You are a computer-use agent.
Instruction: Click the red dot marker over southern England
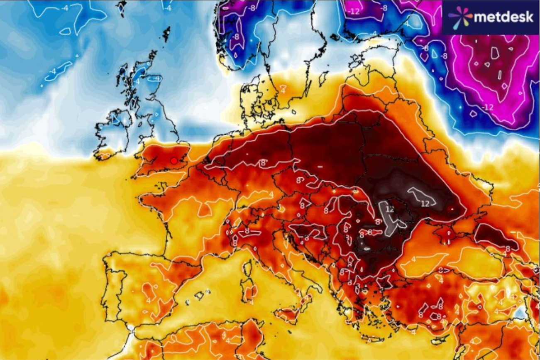(174, 161)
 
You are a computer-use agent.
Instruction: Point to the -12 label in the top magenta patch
(354, 11)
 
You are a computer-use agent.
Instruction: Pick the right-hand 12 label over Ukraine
(425, 203)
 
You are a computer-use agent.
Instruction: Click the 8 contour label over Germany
(262, 163)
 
